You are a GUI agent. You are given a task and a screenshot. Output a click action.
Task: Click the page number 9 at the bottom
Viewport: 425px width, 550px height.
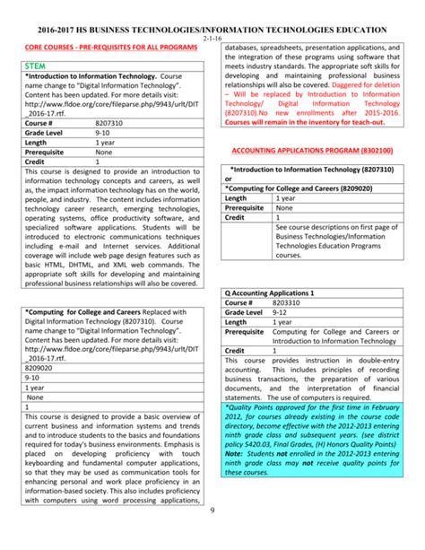(212, 537)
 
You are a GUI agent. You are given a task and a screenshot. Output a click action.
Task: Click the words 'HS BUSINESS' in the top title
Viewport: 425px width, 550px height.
(117, 30)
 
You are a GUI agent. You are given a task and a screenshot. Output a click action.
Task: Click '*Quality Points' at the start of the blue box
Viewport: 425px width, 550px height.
(256, 405)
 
